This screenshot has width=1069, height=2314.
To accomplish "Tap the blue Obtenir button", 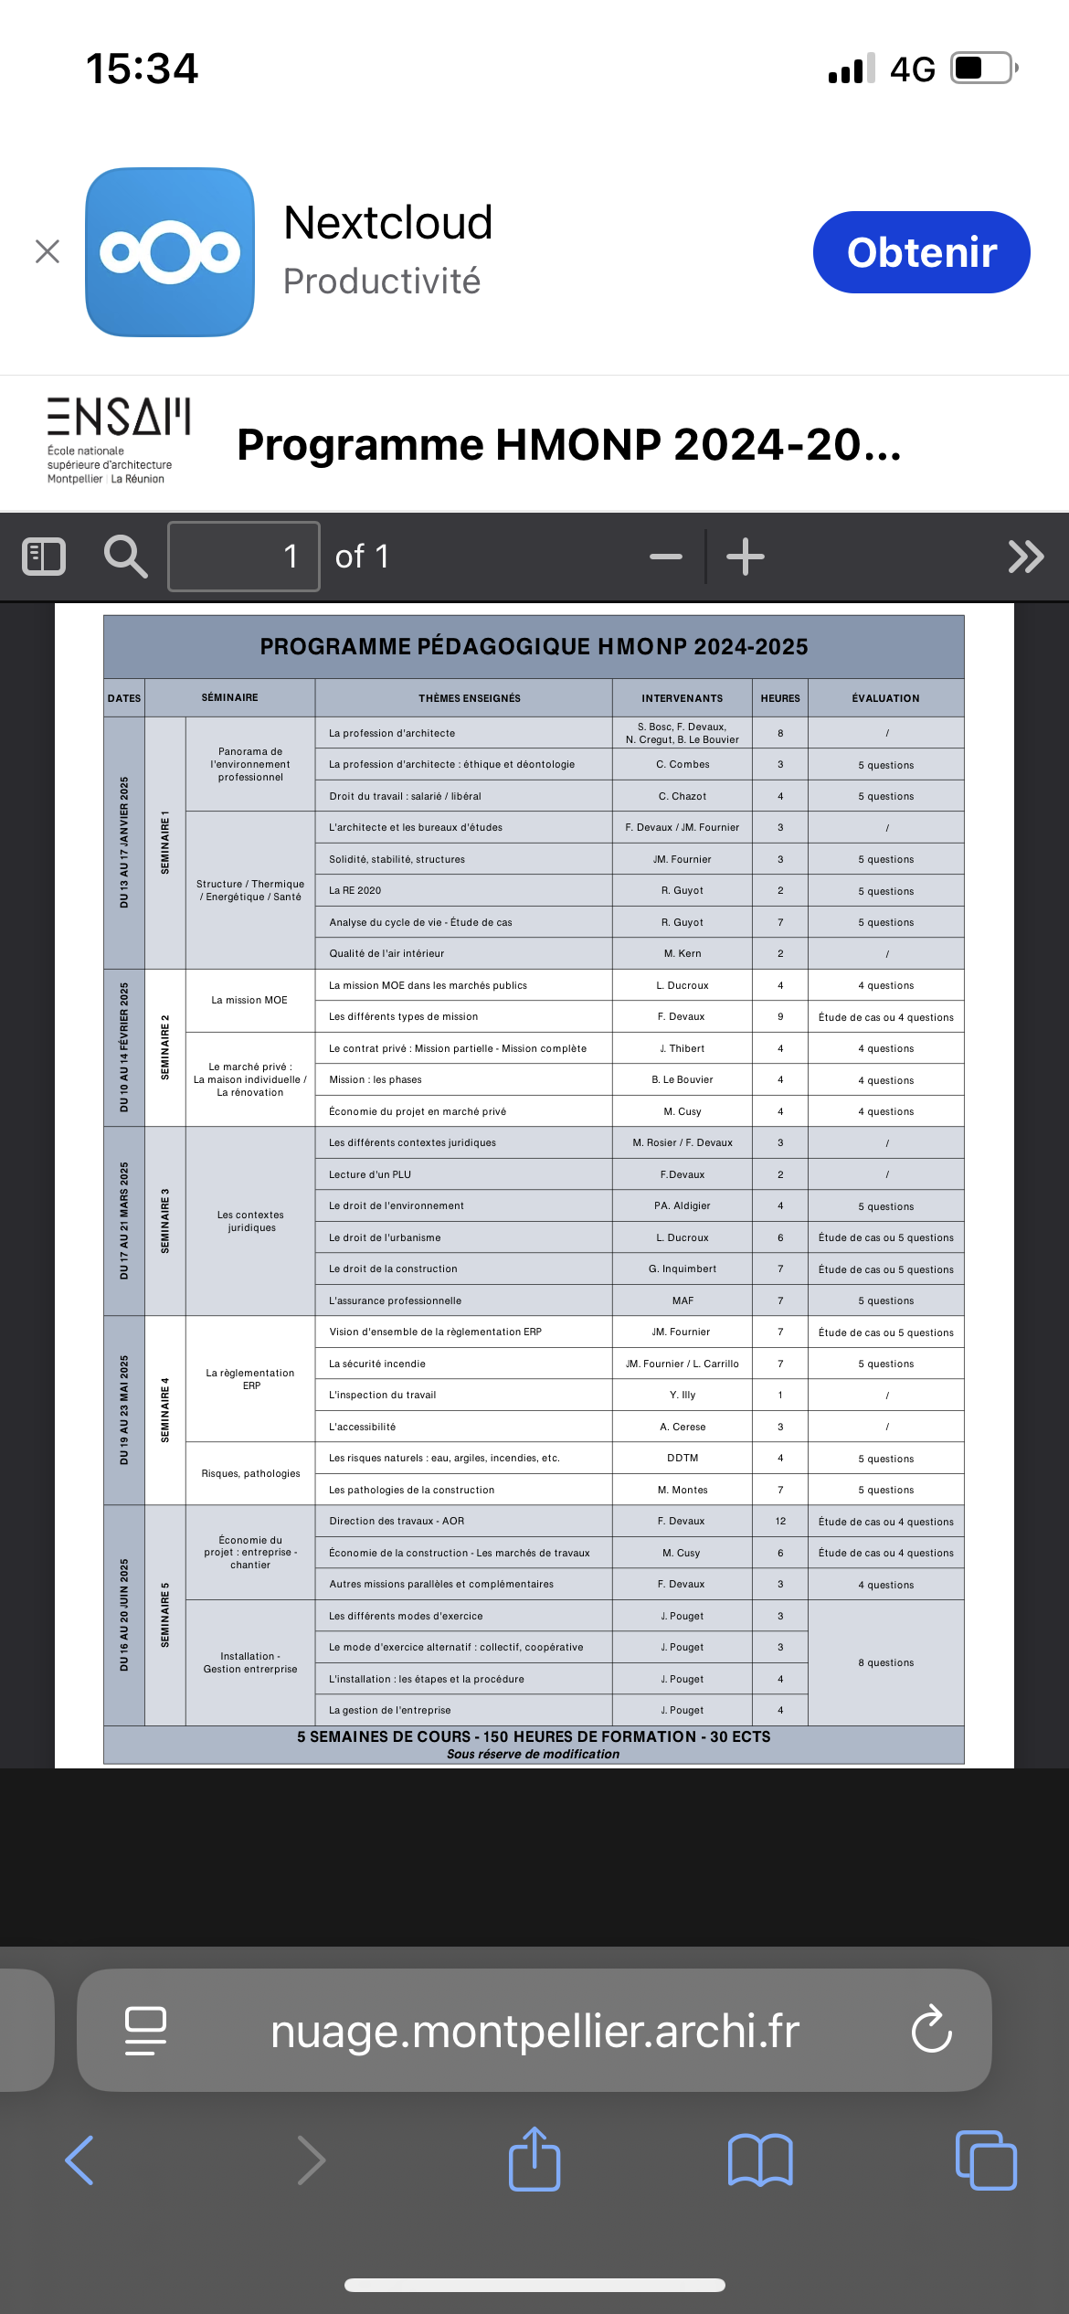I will click(x=921, y=252).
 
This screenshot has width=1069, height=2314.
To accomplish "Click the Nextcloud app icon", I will click(x=170, y=252).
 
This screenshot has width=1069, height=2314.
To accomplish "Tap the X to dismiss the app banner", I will click(x=48, y=251).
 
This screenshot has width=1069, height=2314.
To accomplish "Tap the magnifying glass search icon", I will click(x=125, y=557).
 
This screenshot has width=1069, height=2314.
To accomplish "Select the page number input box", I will click(x=244, y=557).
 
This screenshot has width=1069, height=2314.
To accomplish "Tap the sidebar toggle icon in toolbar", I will click(x=44, y=557).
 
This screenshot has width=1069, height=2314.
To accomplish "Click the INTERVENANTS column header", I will click(x=682, y=698).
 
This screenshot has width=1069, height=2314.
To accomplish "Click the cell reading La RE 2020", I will click(x=355, y=890).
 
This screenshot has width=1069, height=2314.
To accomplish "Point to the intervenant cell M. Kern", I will click(x=683, y=953).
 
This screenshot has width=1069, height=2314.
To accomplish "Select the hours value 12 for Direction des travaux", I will click(x=780, y=1521).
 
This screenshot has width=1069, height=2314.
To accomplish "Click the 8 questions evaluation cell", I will click(x=885, y=1662).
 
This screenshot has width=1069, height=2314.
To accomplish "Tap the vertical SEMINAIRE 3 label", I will click(x=165, y=1221).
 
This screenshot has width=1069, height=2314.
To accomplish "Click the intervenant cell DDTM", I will click(x=683, y=1458).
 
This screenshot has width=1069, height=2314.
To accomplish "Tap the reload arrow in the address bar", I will click(x=932, y=2030).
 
